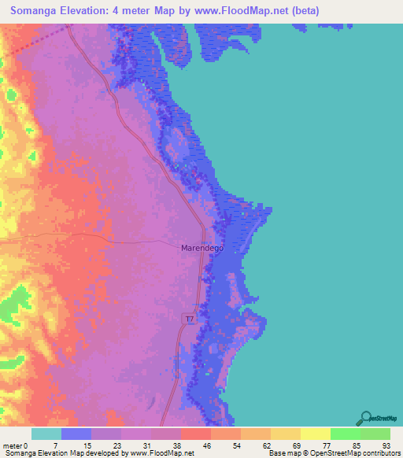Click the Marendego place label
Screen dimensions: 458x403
(203, 247)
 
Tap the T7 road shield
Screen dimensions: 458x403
(190, 318)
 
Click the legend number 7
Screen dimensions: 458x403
(54, 445)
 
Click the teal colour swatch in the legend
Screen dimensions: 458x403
(46, 434)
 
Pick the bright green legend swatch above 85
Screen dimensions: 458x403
(345, 434)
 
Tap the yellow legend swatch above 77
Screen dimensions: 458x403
(315, 434)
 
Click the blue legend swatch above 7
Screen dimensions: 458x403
(76, 434)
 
